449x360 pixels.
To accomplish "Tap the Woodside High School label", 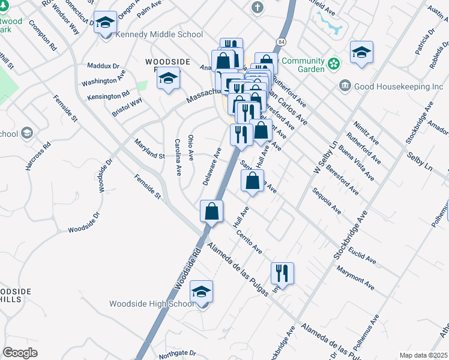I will tap(151, 304).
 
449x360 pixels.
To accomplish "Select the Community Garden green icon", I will tap(334, 62).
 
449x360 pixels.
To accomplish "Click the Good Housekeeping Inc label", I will tap(399, 86).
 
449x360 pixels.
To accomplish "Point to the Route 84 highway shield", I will tap(281, 42).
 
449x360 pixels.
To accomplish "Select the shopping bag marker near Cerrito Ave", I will tap(211, 211).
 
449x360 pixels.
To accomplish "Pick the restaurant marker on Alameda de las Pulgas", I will tap(282, 274).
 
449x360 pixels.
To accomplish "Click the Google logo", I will tap(20, 353).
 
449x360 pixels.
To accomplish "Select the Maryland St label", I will tap(149, 149).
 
